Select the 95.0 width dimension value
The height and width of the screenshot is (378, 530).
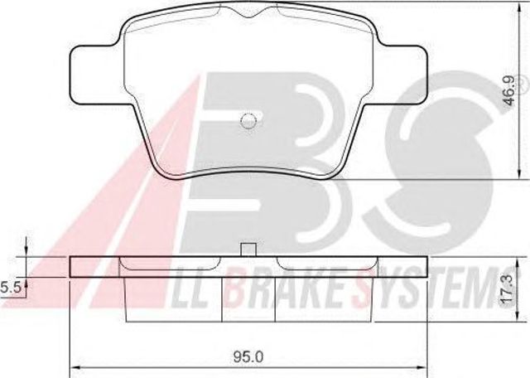[x=248, y=356]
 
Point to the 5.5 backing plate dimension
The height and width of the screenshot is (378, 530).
[x=10, y=288]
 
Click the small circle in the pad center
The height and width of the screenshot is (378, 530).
[x=248, y=120]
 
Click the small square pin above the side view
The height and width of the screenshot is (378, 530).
[x=248, y=250]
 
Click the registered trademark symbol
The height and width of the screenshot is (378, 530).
[x=522, y=82]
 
